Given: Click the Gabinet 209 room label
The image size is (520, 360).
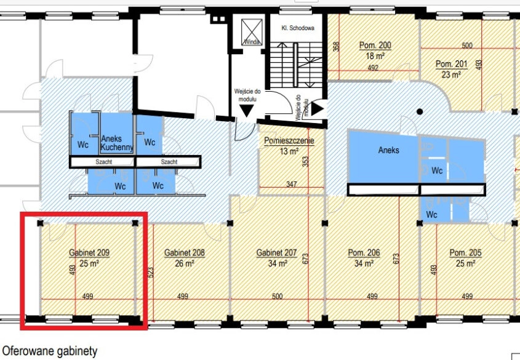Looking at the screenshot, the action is pos(89,253).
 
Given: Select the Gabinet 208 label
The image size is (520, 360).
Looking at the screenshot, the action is pos(185,253).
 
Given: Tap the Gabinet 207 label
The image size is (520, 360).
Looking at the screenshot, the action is pos(276,253).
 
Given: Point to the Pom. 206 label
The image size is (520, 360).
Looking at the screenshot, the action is pos(364,253).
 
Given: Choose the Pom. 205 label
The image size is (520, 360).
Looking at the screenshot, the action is pos(465,253).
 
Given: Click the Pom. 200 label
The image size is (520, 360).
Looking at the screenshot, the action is pos(375,45).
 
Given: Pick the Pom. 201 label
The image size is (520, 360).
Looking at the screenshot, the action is pos(451,63).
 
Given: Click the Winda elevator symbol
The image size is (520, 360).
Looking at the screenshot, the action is pos(252,32).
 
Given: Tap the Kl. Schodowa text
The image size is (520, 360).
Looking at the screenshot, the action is pos(298,28).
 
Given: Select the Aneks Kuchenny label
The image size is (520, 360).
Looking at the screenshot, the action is pos(117,143).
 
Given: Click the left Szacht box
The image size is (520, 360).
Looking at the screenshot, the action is pos(103,162).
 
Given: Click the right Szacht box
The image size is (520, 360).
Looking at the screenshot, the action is pos(169,162).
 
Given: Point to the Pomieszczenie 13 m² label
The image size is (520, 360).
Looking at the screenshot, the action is pos(289,146).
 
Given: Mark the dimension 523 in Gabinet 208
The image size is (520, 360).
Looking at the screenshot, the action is pos(151,273).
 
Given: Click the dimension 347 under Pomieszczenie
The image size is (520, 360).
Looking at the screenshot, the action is pos(292,184).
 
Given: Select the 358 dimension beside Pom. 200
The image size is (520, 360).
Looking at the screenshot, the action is pos(336,46).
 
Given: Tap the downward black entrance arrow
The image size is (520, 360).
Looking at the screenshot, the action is pos(246,110).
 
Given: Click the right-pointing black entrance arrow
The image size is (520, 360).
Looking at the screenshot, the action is pos(318,109).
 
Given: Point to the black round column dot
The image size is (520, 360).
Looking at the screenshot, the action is pos(420,112).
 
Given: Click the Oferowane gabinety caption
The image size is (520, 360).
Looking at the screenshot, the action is pos(50,351).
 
